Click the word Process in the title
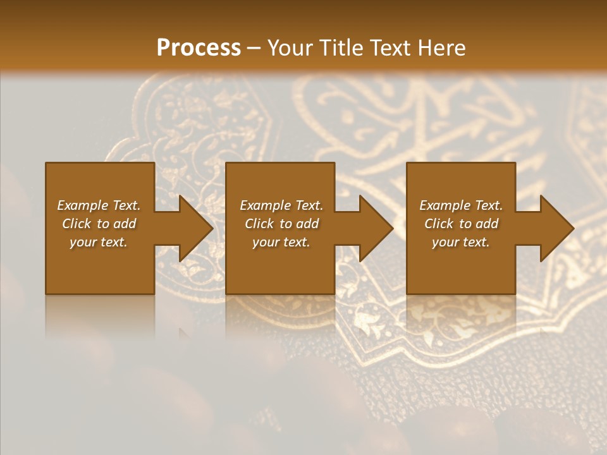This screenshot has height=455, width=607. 199,48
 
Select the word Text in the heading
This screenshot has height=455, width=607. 389,48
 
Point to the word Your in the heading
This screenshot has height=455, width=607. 291,48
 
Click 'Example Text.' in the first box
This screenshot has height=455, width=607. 99,205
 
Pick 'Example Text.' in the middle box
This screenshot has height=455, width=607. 281,205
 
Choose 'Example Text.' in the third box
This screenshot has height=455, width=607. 461,205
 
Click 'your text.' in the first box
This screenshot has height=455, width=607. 99,242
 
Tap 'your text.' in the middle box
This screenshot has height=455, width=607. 281,242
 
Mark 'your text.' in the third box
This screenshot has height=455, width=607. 461,242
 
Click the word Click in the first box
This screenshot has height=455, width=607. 77,224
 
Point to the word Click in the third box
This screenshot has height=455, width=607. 439,224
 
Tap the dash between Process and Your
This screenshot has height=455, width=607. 254,48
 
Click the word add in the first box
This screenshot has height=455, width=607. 125,224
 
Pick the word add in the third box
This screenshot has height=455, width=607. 487,224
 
